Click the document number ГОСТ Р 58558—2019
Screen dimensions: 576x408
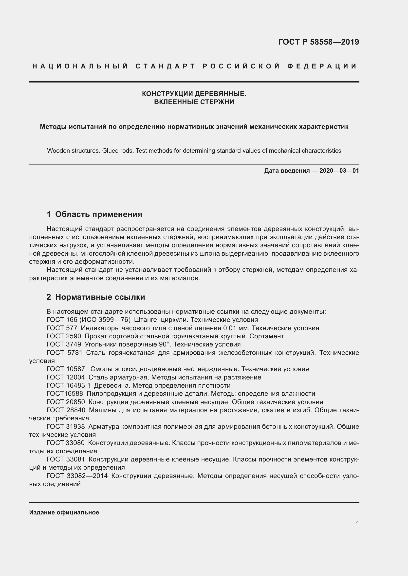pyautogui.click(x=318, y=42)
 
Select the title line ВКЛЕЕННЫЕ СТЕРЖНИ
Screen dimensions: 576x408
pyautogui.click(x=194, y=102)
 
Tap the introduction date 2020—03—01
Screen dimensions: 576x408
pyautogui.click(x=339, y=171)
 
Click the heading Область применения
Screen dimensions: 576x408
pyautogui.click(x=98, y=214)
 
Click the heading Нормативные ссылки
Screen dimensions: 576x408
pyautogui.click(x=100, y=297)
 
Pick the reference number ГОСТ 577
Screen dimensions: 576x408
pyautogui.click(x=62, y=328)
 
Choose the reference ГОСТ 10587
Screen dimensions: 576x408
pyautogui.click(x=66, y=369)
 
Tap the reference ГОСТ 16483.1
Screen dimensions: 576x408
pyautogui.click(x=68, y=385)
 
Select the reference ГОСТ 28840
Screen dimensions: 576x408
pyautogui.click(x=66, y=410)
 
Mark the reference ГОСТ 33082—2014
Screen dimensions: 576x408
pyautogui.click(x=77, y=476)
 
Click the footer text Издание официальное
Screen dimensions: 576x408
pyautogui.click(x=64, y=512)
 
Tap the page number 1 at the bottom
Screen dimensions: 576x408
pyautogui.click(x=357, y=524)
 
